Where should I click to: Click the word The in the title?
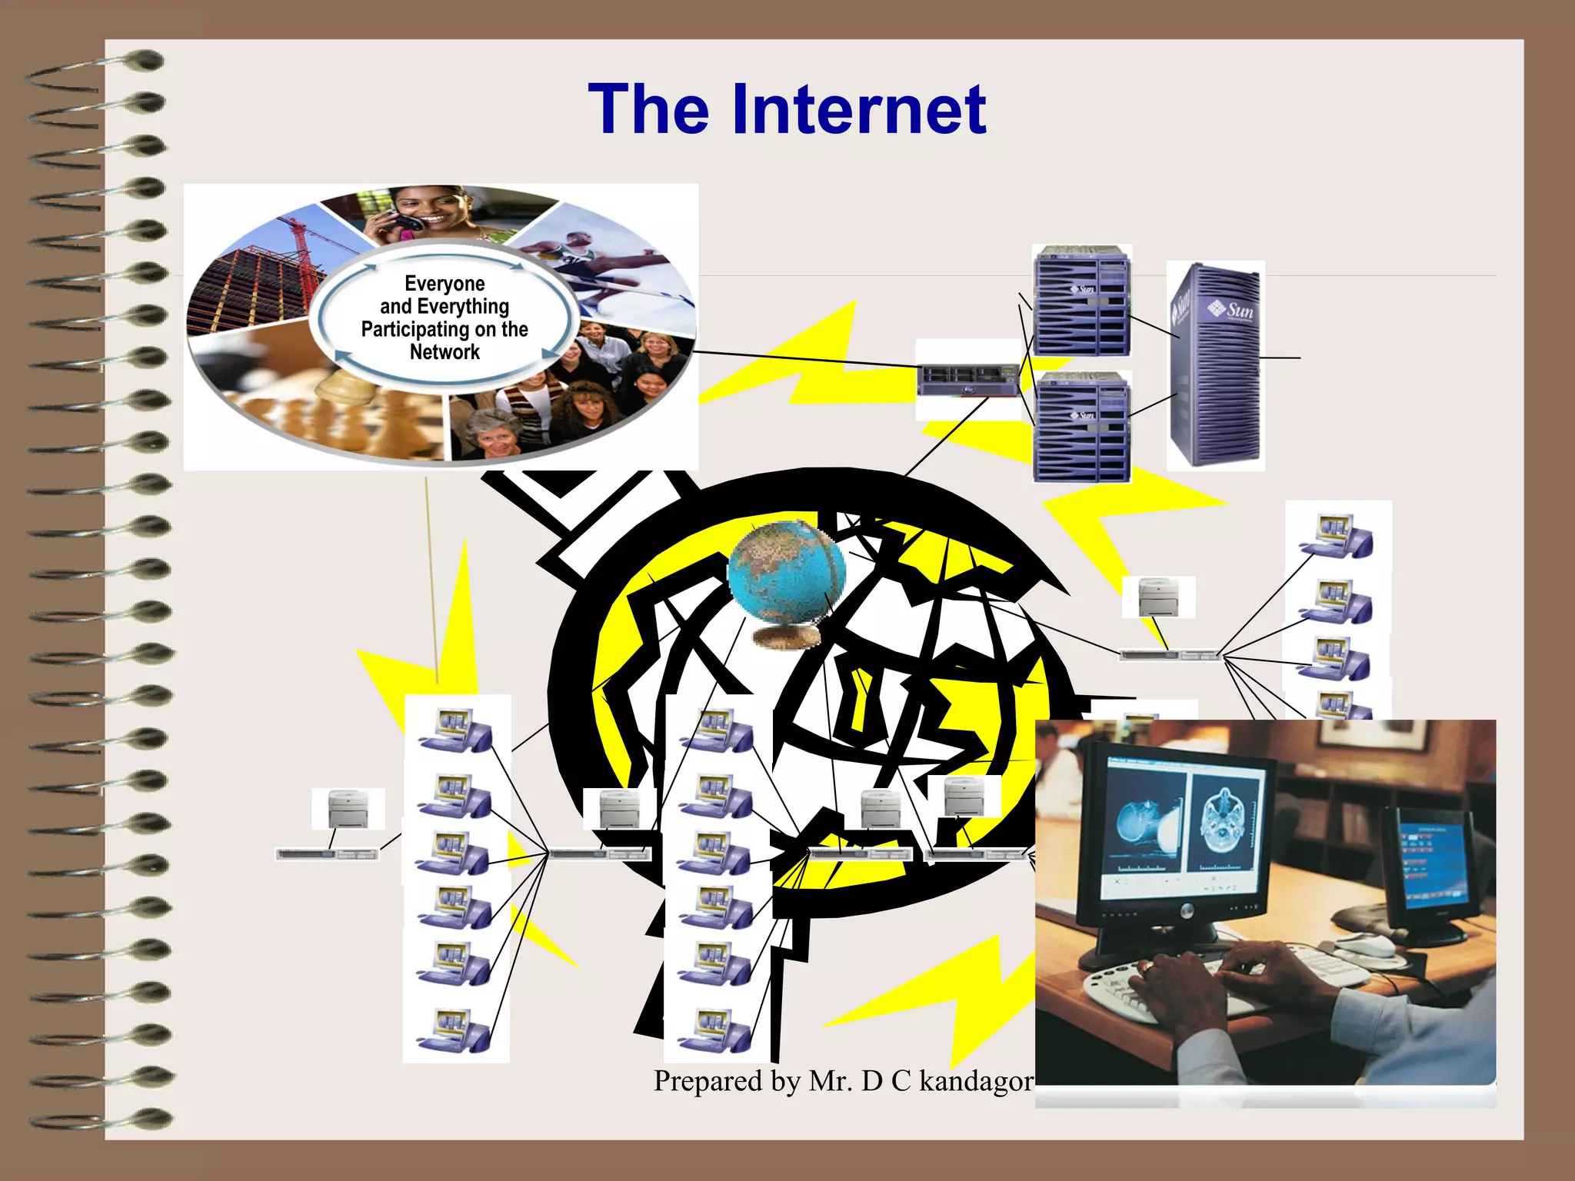648,110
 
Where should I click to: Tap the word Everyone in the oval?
445,284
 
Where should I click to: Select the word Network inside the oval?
445,352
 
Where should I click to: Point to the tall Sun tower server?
1215,365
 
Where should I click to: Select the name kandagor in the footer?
976,1081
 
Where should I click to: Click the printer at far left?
348,808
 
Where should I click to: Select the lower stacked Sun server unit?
1081,427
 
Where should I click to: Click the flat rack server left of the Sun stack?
968,380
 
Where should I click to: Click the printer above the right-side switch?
1158,597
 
